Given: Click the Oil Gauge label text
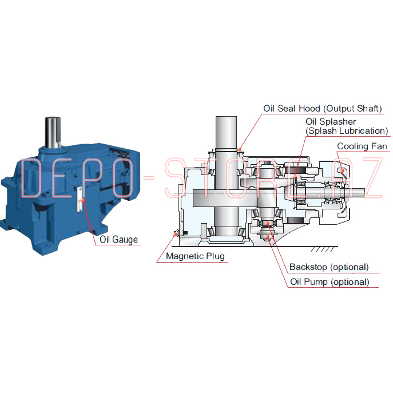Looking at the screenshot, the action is [118, 240].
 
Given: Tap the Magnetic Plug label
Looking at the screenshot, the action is [195, 256].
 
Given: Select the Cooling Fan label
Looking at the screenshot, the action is [362, 146].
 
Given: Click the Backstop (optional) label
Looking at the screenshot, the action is [329, 267].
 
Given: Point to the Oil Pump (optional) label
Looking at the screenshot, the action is [330, 281].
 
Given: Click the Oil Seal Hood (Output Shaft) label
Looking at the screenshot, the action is [323, 109].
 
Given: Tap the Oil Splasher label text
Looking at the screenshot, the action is [331, 121].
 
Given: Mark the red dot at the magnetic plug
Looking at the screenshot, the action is [176, 235].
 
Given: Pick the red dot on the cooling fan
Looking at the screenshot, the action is [341, 170].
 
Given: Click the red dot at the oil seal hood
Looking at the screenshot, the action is [240, 150].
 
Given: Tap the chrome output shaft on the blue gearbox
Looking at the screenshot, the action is [53, 132].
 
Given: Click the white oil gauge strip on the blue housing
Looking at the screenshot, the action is [80, 200].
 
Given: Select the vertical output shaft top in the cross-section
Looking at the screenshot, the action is [226, 132].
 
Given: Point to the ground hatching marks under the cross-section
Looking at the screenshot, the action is [322, 249].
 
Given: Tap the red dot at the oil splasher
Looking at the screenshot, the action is [295, 176].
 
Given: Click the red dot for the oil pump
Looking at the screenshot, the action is [268, 237].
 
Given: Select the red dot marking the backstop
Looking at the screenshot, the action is [267, 223].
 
